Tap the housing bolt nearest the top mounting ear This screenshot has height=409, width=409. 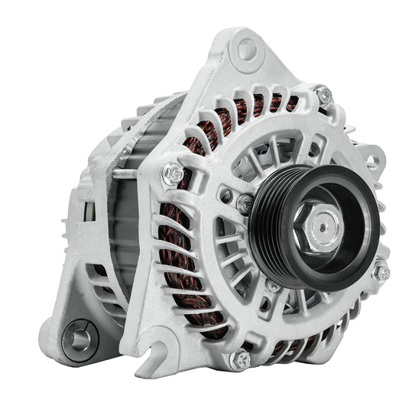(x=323, y=96)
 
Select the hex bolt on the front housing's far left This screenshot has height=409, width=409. (x=173, y=174)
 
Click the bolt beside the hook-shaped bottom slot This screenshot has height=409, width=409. (x=242, y=359)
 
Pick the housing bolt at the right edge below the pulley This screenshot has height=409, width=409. (x=380, y=272)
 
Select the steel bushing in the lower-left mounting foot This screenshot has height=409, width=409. (x=80, y=336)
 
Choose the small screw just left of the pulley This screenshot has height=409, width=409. (x=245, y=203)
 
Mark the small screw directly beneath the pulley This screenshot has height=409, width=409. (x=273, y=286)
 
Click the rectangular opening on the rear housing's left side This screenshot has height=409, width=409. (x=86, y=208)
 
